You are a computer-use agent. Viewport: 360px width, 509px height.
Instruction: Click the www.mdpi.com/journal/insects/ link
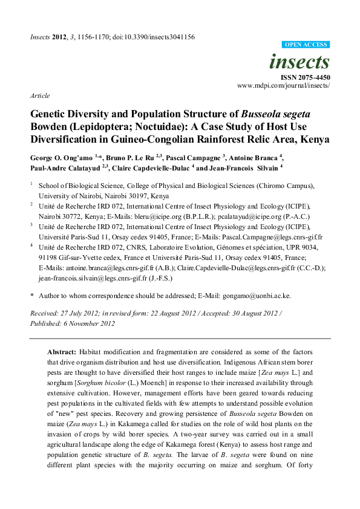click(x=284, y=86)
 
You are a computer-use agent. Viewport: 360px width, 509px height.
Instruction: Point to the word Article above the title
click(x=39, y=96)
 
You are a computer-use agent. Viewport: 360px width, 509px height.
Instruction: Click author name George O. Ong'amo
click(x=60, y=157)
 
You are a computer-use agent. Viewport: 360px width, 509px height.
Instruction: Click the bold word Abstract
click(x=63, y=351)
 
